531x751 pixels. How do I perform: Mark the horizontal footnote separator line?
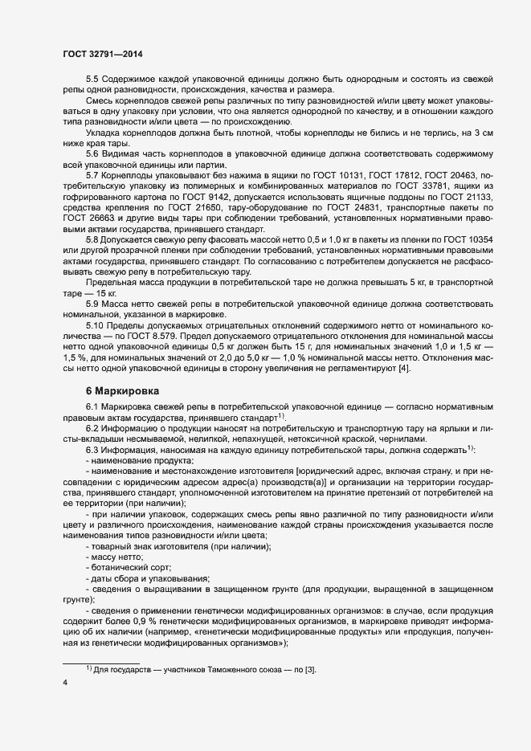[101, 661]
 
